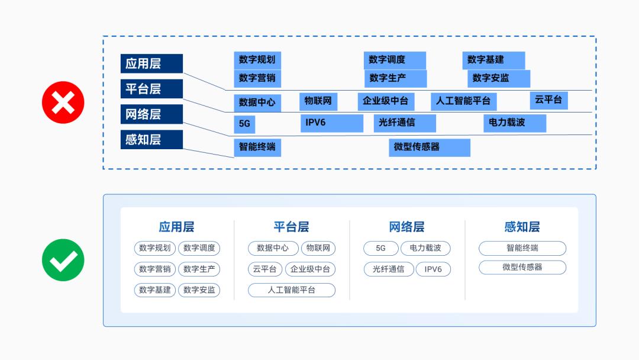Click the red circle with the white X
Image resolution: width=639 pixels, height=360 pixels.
63,102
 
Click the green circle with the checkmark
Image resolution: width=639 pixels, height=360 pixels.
63,260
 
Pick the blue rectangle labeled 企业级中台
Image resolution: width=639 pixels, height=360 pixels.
386,101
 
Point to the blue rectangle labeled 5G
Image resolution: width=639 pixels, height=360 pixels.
244,124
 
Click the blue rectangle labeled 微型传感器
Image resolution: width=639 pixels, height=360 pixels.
429,147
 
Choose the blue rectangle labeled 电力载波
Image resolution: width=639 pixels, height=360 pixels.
514,123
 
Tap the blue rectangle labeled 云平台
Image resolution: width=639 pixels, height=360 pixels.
548,100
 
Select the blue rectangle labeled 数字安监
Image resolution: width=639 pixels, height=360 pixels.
498,78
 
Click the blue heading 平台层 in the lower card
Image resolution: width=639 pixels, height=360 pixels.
291,227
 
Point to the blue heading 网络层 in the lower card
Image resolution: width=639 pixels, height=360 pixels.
406,227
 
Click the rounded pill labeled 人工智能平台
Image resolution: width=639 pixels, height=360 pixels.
292,290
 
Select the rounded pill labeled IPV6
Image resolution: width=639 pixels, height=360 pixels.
433,269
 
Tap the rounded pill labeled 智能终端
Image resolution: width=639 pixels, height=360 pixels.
522,248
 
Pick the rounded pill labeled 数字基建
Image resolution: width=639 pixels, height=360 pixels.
155,290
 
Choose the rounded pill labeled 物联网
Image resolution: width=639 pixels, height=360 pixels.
318,248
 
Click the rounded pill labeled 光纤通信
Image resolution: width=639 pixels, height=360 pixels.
389,269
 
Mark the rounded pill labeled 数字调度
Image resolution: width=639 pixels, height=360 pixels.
199,248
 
